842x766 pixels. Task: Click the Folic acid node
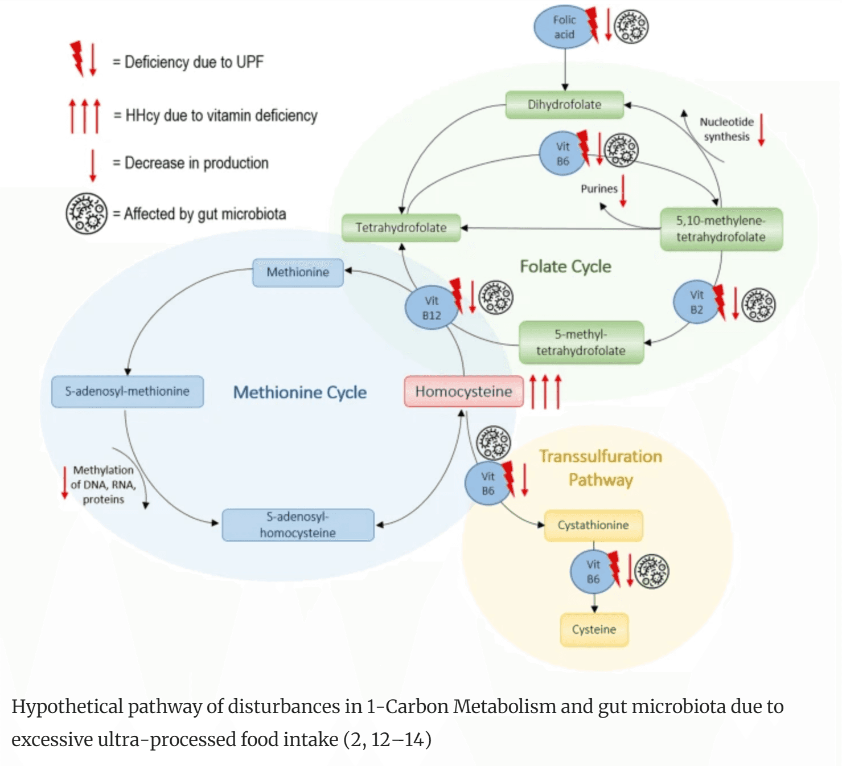(564, 27)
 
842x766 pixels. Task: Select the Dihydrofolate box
(564, 105)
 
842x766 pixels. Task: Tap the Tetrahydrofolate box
(401, 228)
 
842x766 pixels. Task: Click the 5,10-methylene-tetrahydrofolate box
(721, 229)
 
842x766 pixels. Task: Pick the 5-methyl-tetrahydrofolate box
(581, 342)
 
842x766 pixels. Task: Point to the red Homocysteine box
(463, 391)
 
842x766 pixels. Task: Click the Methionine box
(298, 272)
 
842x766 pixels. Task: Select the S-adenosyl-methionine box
(127, 391)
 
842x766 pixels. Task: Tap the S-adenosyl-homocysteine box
(298, 525)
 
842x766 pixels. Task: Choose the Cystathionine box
(593, 525)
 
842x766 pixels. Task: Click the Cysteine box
(594, 629)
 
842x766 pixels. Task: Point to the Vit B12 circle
(431, 308)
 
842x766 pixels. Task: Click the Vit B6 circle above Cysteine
(593, 572)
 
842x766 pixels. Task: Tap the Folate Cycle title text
(565, 267)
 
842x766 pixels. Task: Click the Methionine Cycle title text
(300, 392)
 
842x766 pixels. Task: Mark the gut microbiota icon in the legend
(87, 214)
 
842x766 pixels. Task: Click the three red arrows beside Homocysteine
(545, 391)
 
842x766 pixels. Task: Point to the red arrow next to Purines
(623, 191)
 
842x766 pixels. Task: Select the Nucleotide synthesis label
(726, 129)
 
